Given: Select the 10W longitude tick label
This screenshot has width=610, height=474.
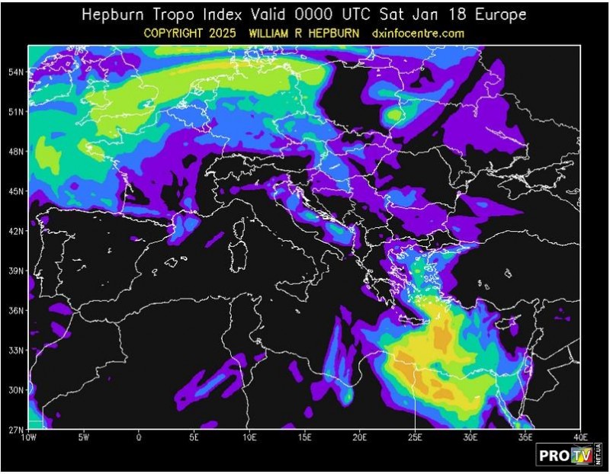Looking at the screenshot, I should click(28, 437).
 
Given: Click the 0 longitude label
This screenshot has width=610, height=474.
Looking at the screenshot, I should click(139, 437).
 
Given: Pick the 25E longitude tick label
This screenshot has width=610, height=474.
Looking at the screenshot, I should click(415, 437).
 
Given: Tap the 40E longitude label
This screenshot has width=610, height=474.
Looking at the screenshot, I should click(580, 437).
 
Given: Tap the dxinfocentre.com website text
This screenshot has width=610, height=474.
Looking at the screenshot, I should click(419, 34).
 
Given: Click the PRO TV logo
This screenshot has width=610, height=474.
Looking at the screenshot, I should click(567, 455).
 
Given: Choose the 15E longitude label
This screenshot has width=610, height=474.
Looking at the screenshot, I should click(304, 437).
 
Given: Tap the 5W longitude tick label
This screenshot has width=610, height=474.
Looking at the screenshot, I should click(84, 437).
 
